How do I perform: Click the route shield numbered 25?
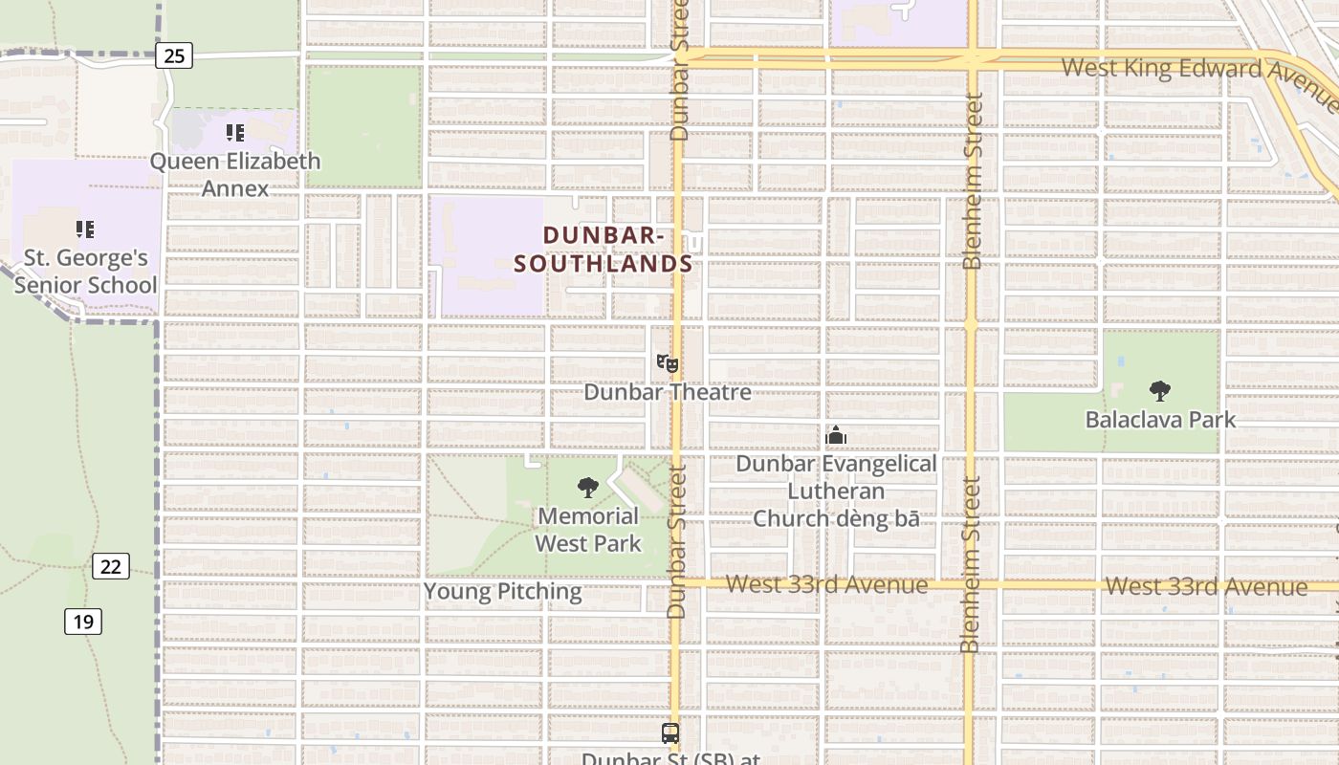(x=173, y=55)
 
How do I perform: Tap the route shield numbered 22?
(x=111, y=566)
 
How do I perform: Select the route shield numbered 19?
(x=83, y=622)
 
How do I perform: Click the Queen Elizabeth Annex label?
(x=235, y=174)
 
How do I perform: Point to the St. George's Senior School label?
(x=85, y=272)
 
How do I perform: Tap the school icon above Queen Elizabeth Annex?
(x=234, y=133)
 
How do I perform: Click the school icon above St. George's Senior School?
(x=85, y=229)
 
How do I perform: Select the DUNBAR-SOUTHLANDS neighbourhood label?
(x=604, y=250)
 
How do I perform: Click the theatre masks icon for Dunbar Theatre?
(x=668, y=363)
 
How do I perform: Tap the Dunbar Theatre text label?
(x=668, y=392)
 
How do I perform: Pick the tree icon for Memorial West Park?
(x=588, y=488)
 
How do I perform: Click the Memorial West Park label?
(x=588, y=530)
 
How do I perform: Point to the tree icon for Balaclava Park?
(x=1160, y=390)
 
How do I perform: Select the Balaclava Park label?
(x=1160, y=419)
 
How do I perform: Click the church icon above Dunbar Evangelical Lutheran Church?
(x=836, y=436)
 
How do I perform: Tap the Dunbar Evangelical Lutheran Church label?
(x=836, y=491)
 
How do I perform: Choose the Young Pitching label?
(x=503, y=591)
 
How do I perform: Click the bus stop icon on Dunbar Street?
(x=670, y=733)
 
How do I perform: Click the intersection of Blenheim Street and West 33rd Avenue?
(x=970, y=583)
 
